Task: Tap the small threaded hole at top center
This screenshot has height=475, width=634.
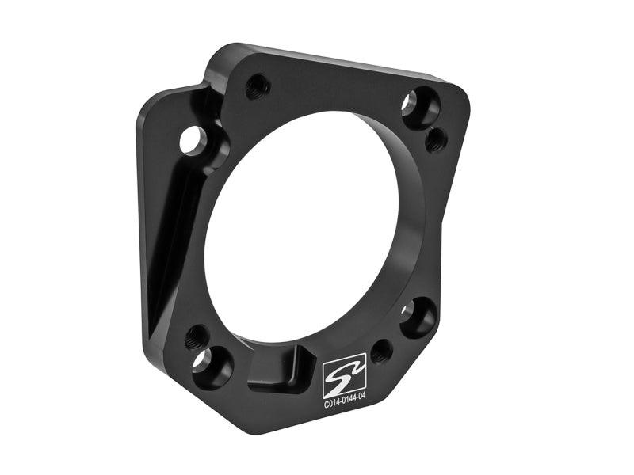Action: (258, 85)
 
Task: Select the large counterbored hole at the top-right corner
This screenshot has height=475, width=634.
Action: (419, 107)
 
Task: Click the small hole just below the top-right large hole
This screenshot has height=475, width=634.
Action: (436, 140)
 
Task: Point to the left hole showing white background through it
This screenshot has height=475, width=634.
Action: (193, 141)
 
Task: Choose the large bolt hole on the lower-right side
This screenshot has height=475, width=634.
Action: (417, 317)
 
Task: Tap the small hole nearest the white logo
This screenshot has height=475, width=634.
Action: (381, 350)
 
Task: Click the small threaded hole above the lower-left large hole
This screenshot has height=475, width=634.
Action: (197, 337)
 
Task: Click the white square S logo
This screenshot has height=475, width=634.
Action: (344, 370)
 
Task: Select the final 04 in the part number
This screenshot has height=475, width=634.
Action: (361, 401)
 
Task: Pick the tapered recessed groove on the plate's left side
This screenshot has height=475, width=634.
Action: (170, 230)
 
